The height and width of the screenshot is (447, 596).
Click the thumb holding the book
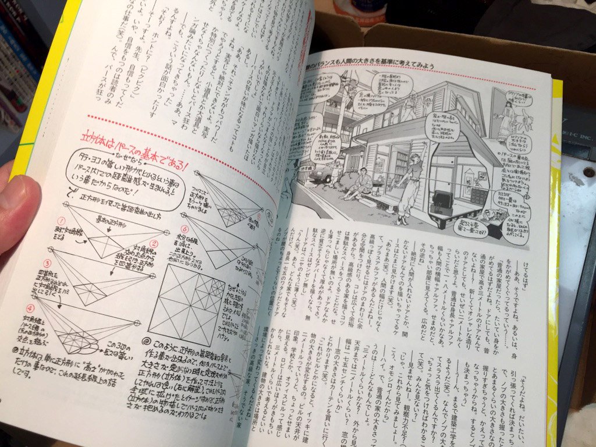(x=17, y=210)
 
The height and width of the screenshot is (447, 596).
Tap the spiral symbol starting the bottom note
(x=143, y=342)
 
